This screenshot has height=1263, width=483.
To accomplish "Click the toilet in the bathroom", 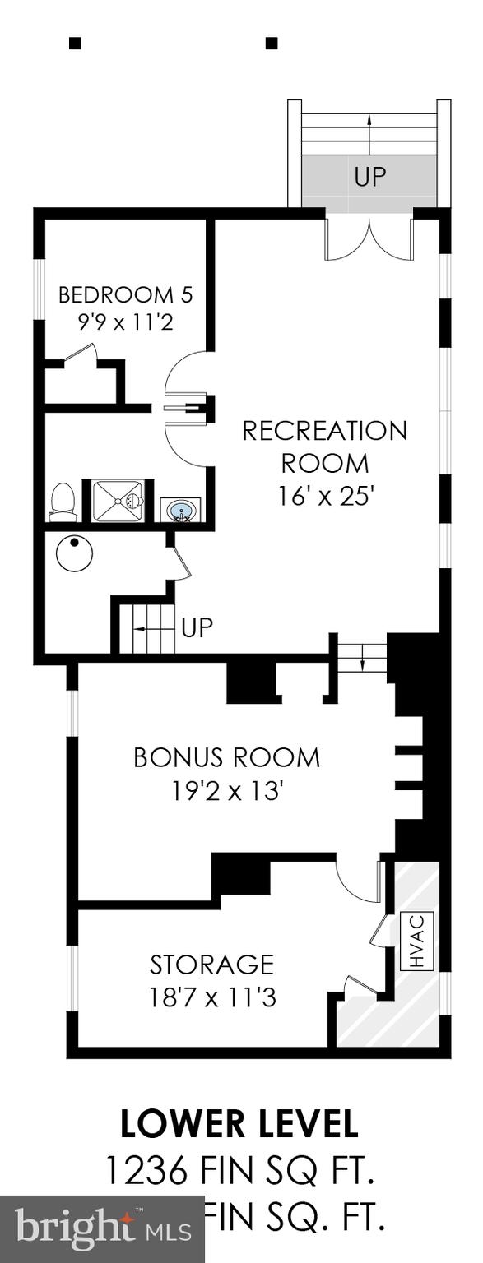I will [x=63, y=502].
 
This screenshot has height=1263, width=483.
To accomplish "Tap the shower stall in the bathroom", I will [x=118, y=501].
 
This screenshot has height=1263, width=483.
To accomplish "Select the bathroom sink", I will [x=180, y=511].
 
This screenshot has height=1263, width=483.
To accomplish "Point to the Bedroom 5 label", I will [x=125, y=294].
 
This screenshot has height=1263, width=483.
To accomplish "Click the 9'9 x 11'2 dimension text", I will [x=125, y=322].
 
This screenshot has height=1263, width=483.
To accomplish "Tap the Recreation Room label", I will [x=324, y=446].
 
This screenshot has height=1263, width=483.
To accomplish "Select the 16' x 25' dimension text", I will [x=324, y=497].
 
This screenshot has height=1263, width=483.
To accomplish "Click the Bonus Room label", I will [x=226, y=757].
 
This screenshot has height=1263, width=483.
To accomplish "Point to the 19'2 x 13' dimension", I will [x=227, y=791].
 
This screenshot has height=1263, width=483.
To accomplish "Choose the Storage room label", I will [x=211, y=964].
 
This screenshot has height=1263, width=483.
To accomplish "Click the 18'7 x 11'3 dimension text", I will [x=211, y=997].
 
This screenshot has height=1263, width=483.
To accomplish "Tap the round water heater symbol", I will [x=74, y=553].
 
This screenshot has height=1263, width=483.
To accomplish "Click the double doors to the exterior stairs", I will [x=369, y=238].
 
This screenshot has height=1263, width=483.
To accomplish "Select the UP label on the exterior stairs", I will [x=369, y=176].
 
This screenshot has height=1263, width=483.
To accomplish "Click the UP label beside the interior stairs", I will [x=197, y=628].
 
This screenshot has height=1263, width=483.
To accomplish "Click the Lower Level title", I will [x=239, y=1124].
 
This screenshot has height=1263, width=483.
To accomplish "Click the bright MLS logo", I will [x=102, y=1228].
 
